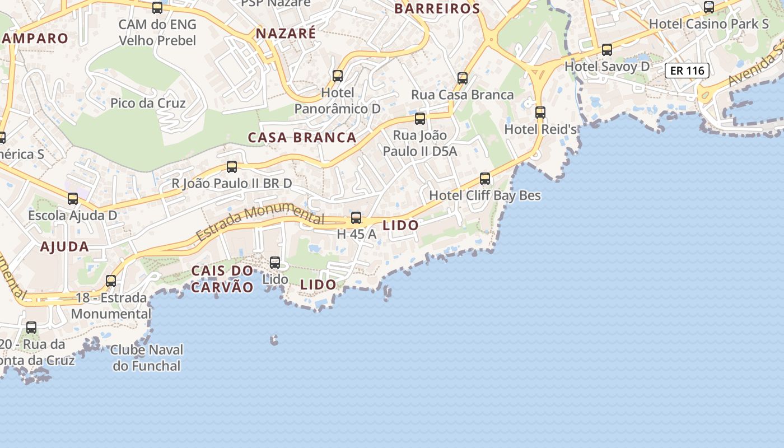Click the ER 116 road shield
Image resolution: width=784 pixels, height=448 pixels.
tap(687, 71)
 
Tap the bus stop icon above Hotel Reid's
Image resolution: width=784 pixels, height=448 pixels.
tap(540, 112)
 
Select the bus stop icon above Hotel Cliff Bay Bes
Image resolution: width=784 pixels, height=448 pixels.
tap(485, 179)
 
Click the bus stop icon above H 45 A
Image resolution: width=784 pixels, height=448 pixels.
tap(356, 218)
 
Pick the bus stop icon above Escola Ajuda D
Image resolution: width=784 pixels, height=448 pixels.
tap(73, 198)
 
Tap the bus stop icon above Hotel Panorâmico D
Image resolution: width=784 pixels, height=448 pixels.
tap(338, 76)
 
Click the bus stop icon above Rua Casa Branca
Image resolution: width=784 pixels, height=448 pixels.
tap(463, 78)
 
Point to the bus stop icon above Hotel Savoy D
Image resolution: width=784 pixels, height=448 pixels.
tap(607, 49)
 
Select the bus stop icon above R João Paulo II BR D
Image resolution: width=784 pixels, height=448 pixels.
tap(232, 166)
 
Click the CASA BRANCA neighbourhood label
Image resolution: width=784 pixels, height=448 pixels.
tap(302, 138)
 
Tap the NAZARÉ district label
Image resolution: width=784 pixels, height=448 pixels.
tap(286, 34)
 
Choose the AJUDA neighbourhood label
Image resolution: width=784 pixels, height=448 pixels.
tap(64, 247)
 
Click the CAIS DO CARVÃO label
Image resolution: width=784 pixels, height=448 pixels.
tap(222, 279)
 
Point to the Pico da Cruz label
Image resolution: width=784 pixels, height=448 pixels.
tap(148, 103)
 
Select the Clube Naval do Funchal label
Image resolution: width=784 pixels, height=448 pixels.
tap(147, 358)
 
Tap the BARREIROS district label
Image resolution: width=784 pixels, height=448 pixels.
tap(437, 8)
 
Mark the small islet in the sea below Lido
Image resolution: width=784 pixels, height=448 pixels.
tap(274, 339)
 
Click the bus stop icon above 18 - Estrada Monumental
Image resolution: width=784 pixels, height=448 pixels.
tap(111, 281)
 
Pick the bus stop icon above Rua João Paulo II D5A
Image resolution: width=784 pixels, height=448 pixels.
tap(420, 118)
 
